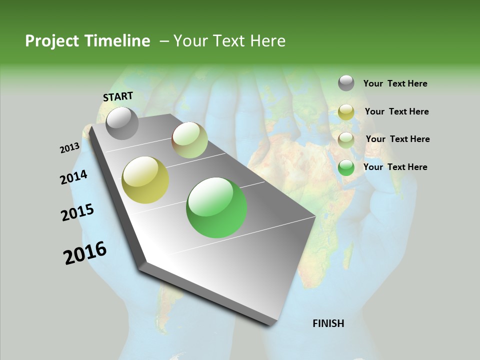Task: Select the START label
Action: tap(118, 96)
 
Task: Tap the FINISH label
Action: tap(328, 323)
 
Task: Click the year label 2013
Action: tap(70, 148)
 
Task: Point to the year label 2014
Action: tap(74, 177)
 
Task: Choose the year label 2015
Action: tap(77, 212)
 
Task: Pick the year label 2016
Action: tap(85, 253)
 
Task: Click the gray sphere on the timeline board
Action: tap(122, 123)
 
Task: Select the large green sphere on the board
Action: tap(216, 207)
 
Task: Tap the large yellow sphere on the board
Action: tap(145, 180)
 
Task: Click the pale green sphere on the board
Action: tap(190, 140)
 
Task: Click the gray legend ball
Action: tap(346, 83)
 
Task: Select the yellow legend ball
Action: tap(346, 112)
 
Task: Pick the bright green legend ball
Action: tap(346, 167)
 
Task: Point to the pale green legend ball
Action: tap(346, 139)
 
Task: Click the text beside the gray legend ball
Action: tap(395, 83)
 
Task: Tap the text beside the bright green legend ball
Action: tap(395, 167)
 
